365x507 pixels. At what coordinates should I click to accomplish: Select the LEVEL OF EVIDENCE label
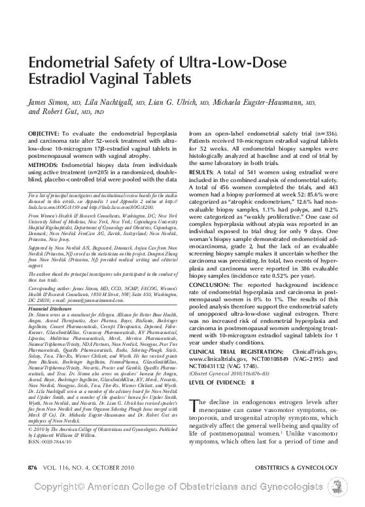[220, 362]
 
